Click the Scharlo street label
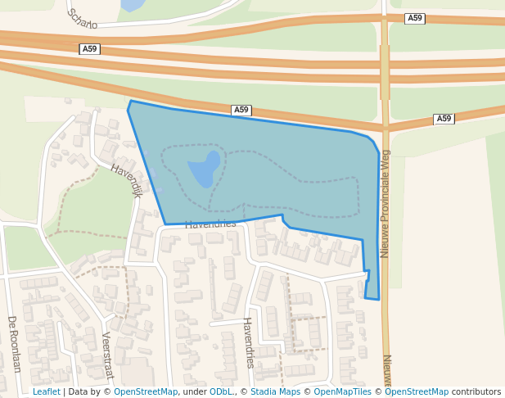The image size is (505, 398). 82,18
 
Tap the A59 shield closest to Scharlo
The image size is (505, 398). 89,49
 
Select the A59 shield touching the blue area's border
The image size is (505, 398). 241,110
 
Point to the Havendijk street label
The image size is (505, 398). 126,180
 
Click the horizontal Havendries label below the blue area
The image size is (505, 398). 210,224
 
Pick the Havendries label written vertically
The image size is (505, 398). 248,342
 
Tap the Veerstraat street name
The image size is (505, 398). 107,355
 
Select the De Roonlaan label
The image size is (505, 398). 13,344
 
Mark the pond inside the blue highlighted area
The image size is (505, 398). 205,168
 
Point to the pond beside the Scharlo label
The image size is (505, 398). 131,5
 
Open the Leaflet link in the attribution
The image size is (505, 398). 46,392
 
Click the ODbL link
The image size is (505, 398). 221,392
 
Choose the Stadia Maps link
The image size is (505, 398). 275,392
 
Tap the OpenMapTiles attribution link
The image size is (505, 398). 343,392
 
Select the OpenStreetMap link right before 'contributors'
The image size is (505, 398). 417,392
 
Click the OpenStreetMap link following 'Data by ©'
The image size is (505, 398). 146,392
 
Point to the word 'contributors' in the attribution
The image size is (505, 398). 476,392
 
